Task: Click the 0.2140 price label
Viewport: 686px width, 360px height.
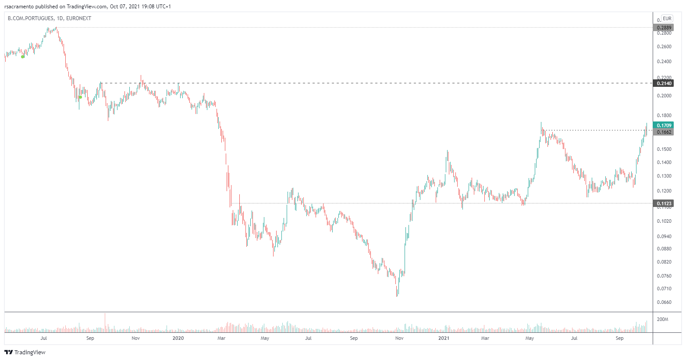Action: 663,83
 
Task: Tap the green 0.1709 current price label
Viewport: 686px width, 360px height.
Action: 663,125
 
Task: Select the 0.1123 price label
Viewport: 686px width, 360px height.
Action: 663,203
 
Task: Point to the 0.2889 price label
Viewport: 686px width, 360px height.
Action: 663,28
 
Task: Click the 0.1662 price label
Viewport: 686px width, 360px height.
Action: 663,132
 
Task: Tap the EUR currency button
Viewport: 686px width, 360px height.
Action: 667,18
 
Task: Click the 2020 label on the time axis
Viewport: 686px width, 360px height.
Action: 178,338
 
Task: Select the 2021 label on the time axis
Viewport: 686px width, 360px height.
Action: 444,338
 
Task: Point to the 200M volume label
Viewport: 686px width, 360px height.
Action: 662,319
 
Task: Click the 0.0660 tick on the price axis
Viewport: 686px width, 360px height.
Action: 664,303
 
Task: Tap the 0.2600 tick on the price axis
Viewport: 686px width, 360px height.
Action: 664,47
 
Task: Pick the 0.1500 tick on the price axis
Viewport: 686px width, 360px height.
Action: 664,150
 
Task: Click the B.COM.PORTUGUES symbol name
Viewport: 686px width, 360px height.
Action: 31,18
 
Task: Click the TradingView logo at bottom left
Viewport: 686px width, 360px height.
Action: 25,352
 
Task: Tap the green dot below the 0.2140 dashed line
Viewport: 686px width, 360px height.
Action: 80,97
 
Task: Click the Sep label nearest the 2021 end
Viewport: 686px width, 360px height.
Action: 619,338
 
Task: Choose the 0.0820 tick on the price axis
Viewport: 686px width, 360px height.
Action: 664,262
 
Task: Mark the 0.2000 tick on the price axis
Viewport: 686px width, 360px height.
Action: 664,96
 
